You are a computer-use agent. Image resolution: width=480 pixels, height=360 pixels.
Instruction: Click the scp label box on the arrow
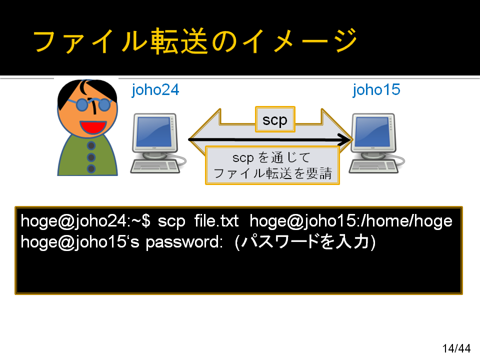click(x=275, y=119)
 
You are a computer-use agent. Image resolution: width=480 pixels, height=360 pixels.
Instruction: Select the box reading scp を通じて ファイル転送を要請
click(x=272, y=165)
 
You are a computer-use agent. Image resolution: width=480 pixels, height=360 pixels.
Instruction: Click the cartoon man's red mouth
click(x=93, y=126)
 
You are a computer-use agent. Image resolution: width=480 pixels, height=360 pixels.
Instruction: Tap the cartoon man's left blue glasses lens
click(x=82, y=104)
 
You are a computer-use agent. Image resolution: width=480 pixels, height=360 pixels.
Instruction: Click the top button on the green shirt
click(x=91, y=145)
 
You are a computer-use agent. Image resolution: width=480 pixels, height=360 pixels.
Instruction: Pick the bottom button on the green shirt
click(x=91, y=168)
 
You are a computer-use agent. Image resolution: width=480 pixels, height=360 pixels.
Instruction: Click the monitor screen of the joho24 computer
click(x=153, y=132)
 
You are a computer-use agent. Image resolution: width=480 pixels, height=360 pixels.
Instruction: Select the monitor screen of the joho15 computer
click(x=372, y=132)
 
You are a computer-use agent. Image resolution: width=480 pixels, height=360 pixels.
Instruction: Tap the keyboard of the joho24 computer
click(x=155, y=167)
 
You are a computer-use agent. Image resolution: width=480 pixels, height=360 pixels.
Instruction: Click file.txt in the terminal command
click(x=216, y=221)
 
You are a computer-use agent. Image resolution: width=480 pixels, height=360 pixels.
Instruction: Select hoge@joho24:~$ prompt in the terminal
click(x=85, y=221)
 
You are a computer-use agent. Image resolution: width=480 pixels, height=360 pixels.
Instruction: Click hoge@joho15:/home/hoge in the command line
click(x=351, y=221)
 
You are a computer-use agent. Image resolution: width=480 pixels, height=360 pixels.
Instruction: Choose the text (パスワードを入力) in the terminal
click(x=305, y=242)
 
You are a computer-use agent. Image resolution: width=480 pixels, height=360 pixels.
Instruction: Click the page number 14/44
click(x=456, y=348)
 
